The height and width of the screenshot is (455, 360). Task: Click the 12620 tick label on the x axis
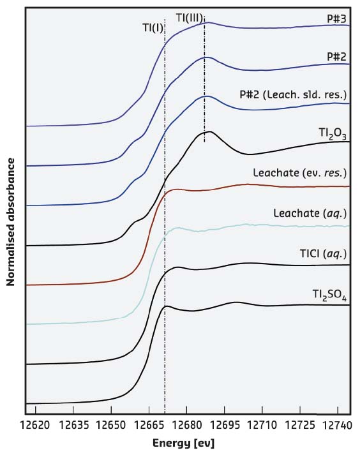(x=36, y=424)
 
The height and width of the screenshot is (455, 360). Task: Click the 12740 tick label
(x=334, y=424)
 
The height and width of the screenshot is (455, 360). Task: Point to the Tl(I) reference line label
(x=152, y=27)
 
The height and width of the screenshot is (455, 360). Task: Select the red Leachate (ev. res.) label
(x=300, y=173)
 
